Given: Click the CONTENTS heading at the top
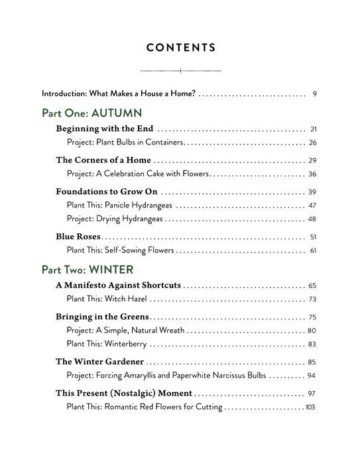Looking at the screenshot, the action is coord(180,47).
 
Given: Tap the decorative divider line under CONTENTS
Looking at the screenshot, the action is coord(180,70).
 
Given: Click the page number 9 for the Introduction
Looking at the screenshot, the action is coord(314,93).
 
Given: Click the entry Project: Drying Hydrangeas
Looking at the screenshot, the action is coord(115,219).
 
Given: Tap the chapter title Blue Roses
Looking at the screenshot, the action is coord(78,236).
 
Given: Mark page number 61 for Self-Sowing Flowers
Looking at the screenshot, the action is coord(313,250).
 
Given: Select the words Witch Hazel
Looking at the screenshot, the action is coord(130,299).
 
